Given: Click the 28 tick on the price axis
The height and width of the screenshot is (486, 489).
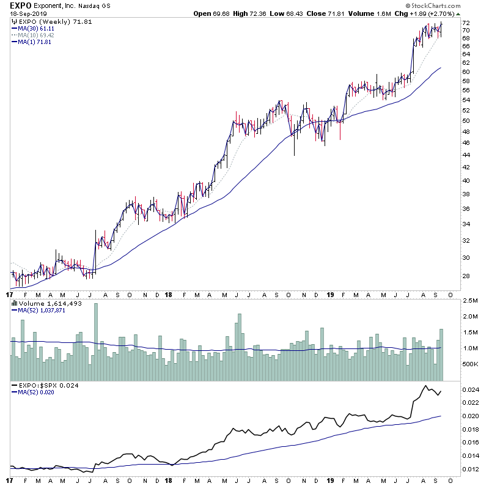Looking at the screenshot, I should pyautogui.click(x=465, y=276).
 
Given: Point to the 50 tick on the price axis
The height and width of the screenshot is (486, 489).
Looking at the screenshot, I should pyautogui.click(x=465, y=121).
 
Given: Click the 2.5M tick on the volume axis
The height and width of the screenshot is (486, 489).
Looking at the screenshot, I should pyautogui.click(x=469, y=301).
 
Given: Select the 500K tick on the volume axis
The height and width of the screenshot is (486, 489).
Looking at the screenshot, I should pyautogui.click(x=469, y=364).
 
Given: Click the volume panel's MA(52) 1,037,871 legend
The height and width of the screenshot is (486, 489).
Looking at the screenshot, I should pyautogui.click(x=42, y=311).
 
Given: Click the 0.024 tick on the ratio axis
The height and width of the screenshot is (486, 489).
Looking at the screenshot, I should pyautogui.click(x=471, y=390).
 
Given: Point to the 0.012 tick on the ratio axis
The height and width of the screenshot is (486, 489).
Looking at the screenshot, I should pyautogui.click(x=471, y=469).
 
